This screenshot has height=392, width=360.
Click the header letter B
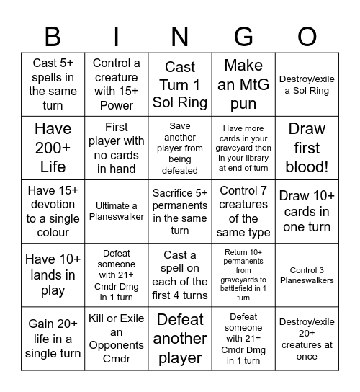coord(53,35)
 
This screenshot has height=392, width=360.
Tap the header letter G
coord(243,35)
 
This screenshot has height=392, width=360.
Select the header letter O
coord(307,35)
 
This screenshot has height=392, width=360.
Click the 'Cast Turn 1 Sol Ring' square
coord(180,84)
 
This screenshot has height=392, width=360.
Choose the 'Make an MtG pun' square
coord(243,84)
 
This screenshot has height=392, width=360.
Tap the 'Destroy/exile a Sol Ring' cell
coord(307,84)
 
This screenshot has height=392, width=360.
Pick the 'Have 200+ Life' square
coord(53,148)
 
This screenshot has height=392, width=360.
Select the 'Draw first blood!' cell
coord(307,148)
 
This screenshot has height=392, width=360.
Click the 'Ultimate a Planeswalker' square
coord(117,211)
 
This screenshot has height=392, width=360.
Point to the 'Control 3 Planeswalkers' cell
coord(307,275)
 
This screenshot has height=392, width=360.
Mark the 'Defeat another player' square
coord(180,338)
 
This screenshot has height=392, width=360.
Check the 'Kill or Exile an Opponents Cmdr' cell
coord(117,338)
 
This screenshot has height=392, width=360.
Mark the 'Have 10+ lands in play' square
coord(53,275)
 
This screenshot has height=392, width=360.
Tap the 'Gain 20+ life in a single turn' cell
coord(53,338)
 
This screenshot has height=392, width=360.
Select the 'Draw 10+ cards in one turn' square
coord(307,211)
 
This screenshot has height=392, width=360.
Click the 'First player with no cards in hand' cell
coord(117,148)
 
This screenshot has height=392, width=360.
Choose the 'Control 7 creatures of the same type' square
coord(243,211)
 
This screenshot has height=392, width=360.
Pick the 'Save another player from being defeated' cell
coord(180,148)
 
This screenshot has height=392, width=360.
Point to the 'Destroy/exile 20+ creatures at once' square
coord(307,338)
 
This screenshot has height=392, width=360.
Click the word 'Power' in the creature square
coord(117,105)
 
